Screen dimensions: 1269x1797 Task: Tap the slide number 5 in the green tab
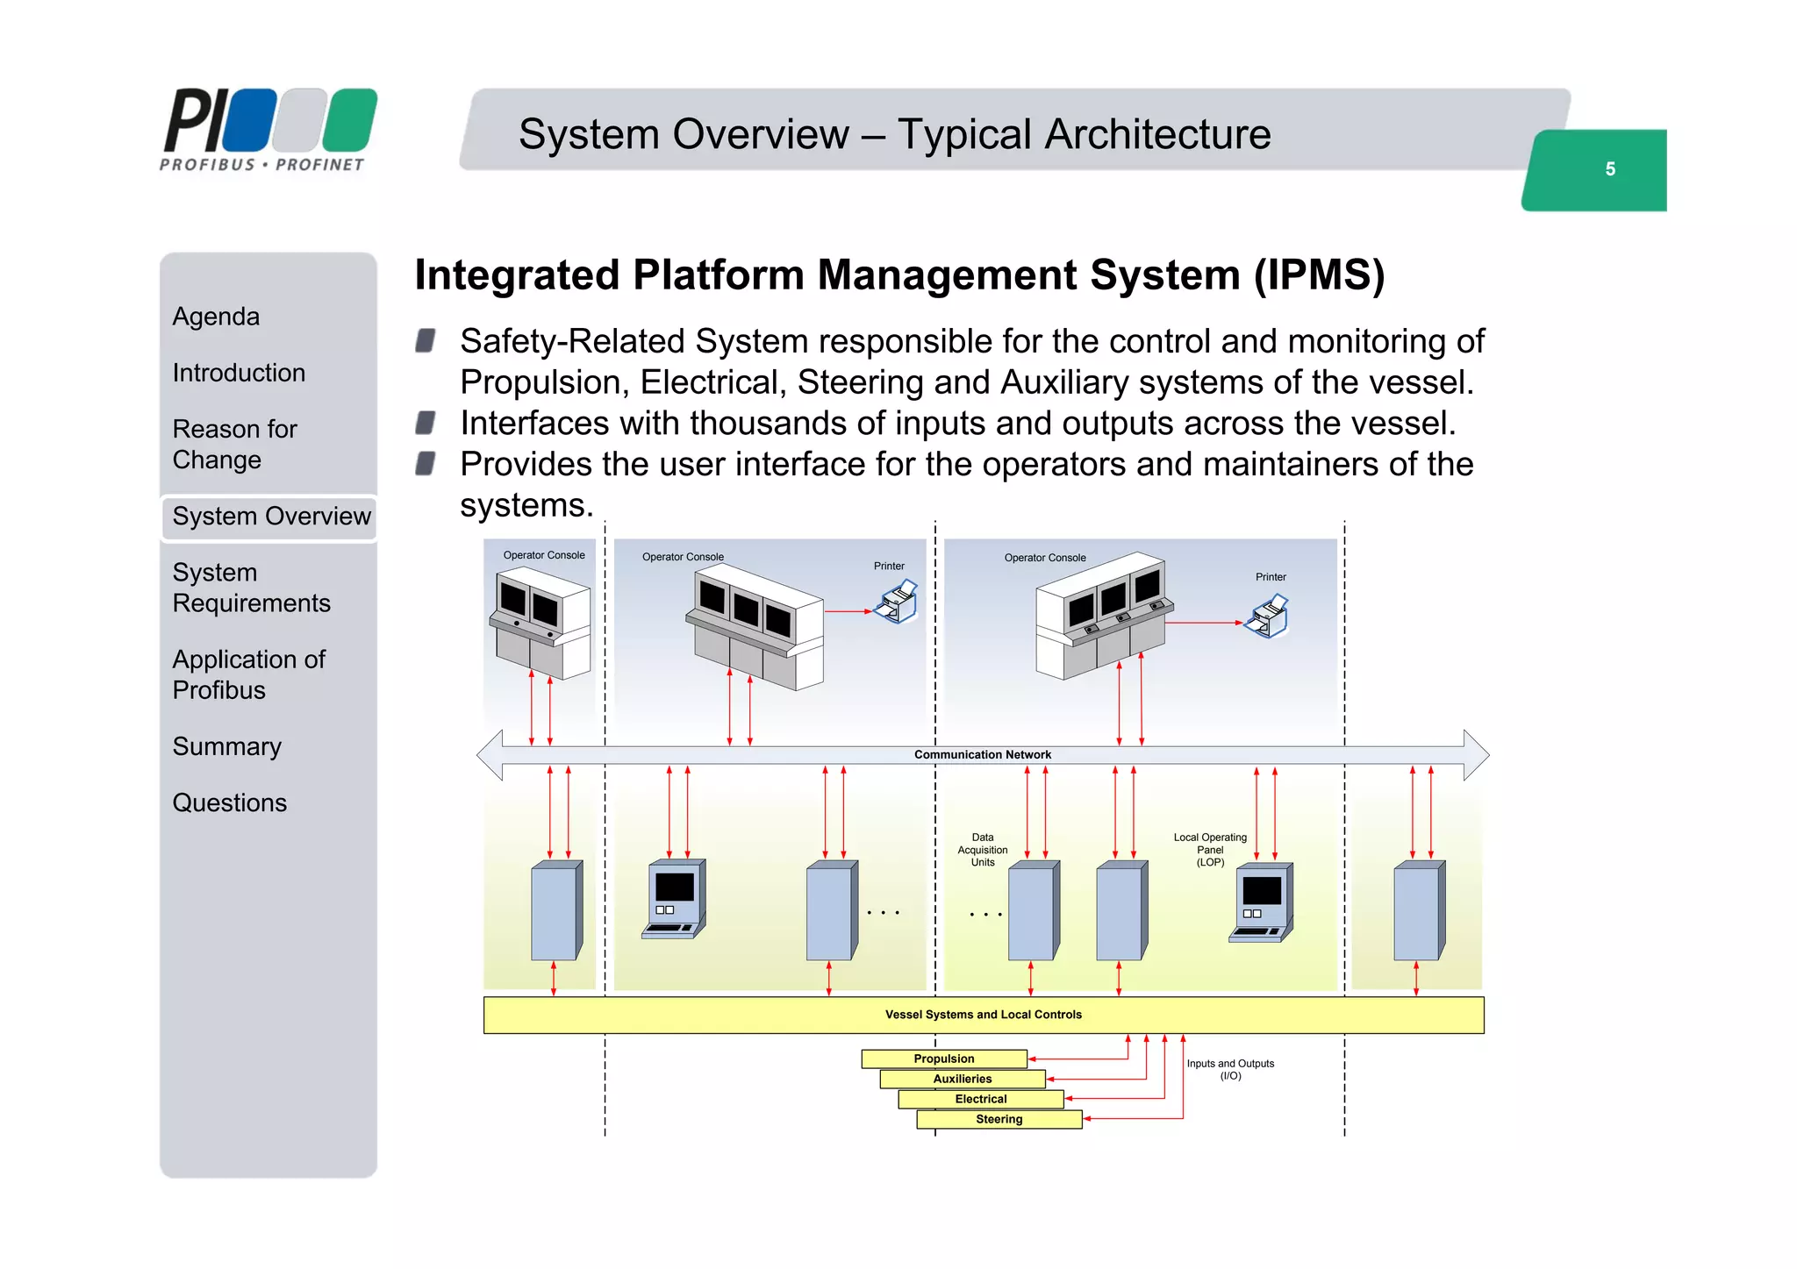click(1609, 169)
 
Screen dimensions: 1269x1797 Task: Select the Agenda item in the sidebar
click(216, 317)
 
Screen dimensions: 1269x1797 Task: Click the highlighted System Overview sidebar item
click(270, 517)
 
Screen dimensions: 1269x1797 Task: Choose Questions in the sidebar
click(229, 803)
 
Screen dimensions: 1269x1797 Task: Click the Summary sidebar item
click(226, 747)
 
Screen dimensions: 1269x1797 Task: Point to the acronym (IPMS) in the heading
click(1319, 275)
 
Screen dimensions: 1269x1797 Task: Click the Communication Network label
click(982, 755)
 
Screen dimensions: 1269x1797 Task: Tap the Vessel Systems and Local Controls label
click(983, 1015)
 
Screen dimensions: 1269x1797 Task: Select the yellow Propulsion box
click(943, 1059)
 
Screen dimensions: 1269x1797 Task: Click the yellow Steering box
click(999, 1120)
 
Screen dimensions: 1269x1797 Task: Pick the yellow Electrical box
click(980, 1100)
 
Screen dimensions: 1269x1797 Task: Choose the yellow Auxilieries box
click(962, 1080)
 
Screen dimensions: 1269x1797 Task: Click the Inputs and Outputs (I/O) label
click(1230, 1070)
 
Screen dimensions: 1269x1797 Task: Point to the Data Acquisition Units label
click(982, 850)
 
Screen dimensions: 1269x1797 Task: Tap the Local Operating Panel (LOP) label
click(1210, 850)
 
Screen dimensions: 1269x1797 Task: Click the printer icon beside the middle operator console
click(898, 602)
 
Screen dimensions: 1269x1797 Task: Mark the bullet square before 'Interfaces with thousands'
click(426, 424)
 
